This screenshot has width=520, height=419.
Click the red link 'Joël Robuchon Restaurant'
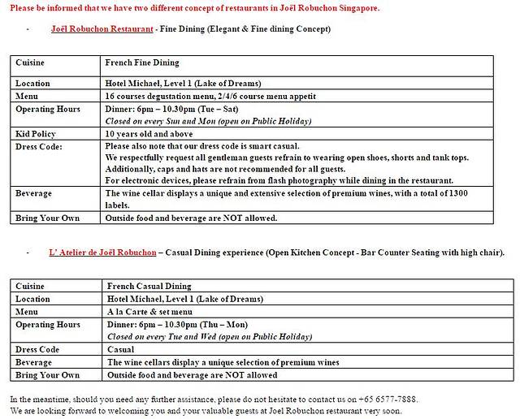point(102,28)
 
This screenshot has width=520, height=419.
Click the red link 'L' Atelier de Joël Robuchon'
point(102,252)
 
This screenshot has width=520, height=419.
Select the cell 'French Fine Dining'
point(142,63)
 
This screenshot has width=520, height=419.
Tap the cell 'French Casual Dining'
point(149,286)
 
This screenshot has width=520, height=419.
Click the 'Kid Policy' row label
point(37,133)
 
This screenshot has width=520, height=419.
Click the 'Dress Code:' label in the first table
point(39,146)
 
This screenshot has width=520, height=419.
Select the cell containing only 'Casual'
point(122,349)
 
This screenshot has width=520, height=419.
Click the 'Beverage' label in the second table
point(34,362)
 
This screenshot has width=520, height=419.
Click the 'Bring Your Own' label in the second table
point(47,375)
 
